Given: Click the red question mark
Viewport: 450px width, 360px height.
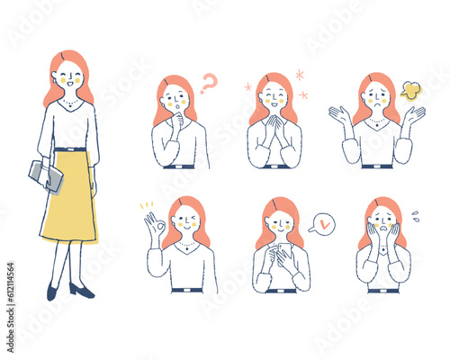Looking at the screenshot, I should (x=209, y=84).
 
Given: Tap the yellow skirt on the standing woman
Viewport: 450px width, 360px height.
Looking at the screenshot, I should (x=69, y=195).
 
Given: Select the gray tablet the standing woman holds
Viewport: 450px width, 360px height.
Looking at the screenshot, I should (x=47, y=175).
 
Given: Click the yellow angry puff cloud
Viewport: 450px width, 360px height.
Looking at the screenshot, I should (x=410, y=89).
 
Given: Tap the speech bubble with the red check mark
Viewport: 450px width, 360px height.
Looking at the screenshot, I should (x=320, y=222).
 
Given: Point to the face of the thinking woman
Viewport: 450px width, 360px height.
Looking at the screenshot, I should (x=177, y=98).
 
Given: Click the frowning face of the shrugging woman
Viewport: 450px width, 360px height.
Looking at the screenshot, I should (x=376, y=95).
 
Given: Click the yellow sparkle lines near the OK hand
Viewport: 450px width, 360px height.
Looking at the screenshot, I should (x=144, y=206).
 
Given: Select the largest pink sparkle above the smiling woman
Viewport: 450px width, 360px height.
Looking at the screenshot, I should (x=301, y=75).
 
